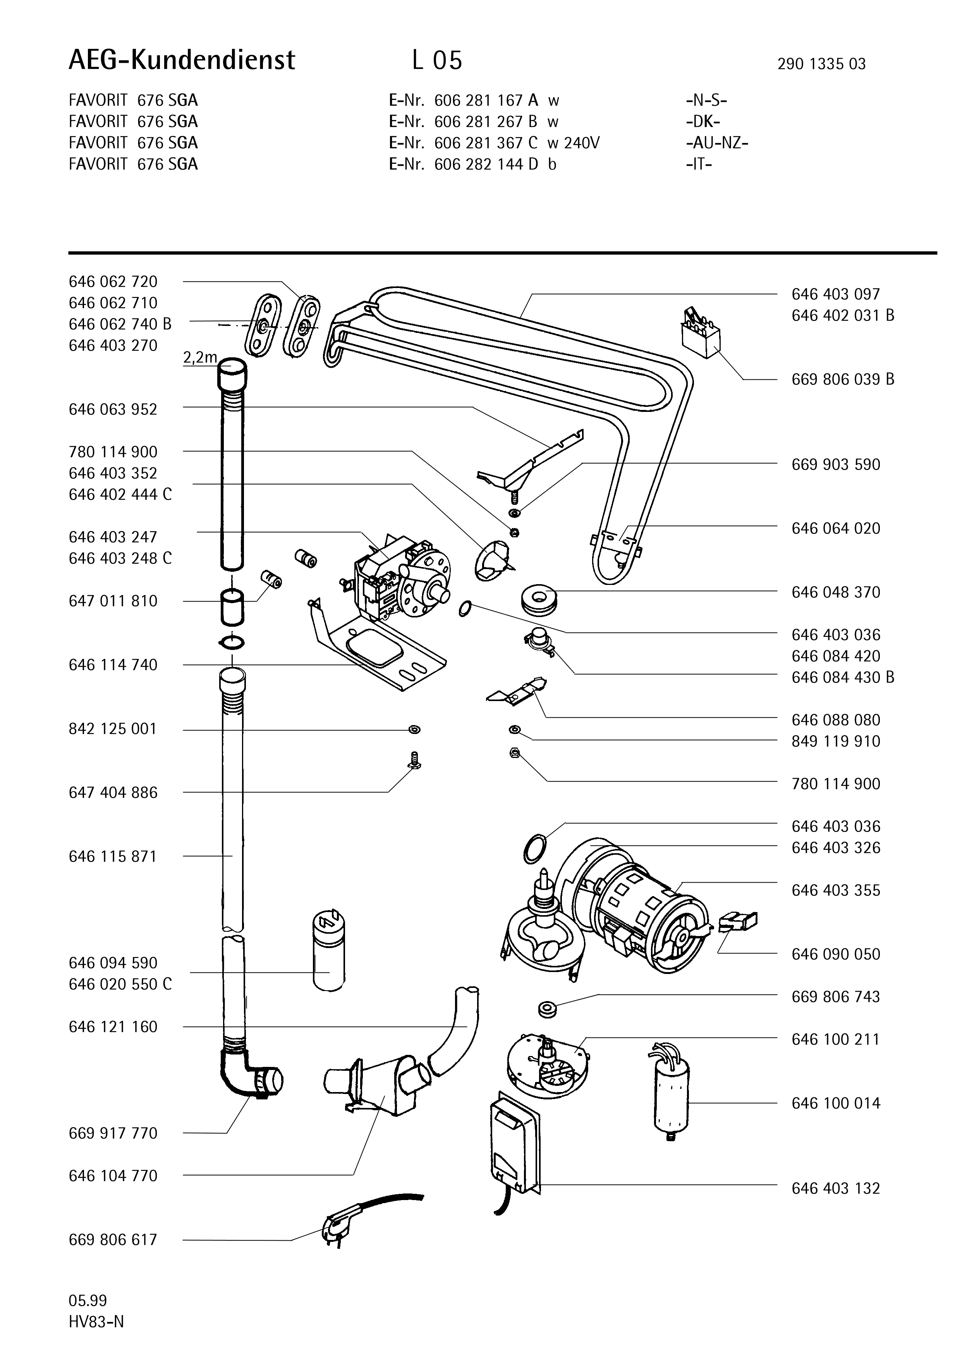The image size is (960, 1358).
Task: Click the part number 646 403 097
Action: tap(835, 294)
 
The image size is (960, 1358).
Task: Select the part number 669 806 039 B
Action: tap(842, 379)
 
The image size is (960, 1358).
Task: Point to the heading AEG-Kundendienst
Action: tap(182, 60)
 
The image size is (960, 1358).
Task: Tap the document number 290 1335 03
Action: tap(821, 64)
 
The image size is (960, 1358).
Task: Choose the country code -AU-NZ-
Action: tap(717, 142)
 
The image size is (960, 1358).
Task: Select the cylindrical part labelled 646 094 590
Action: tap(328, 953)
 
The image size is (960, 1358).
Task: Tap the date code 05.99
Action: tap(88, 1301)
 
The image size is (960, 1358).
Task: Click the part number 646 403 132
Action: tap(835, 1188)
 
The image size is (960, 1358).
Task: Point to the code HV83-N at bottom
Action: tap(96, 1322)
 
